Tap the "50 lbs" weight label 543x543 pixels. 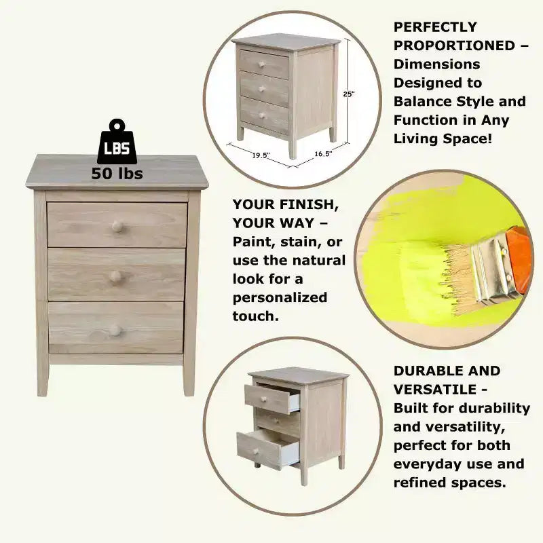pyautogui.click(x=117, y=174)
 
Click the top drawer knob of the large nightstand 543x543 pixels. pyautogui.click(x=117, y=227)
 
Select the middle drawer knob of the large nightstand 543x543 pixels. pyautogui.click(x=115, y=276)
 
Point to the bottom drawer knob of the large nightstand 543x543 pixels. pyautogui.click(x=115, y=331)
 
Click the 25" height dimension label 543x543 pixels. pyautogui.click(x=349, y=94)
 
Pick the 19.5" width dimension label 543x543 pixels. pyautogui.click(x=261, y=155)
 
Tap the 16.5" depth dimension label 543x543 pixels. pyautogui.click(x=323, y=154)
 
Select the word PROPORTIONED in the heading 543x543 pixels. pyautogui.click(x=454, y=45)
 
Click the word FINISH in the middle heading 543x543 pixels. pyautogui.click(x=309, y=205)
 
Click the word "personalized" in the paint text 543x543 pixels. pyautogui.click(x=280, y=298)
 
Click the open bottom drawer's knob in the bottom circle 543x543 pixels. pyautogui.click(x=256, y=451)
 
